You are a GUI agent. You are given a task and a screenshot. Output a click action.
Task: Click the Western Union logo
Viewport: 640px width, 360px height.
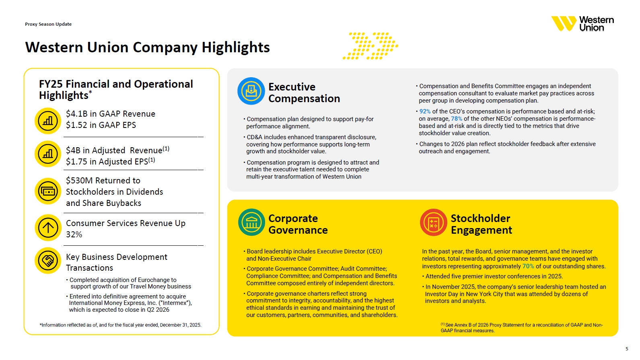point(582,24)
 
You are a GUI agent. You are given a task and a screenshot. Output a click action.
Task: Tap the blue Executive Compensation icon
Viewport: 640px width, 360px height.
point(251,91)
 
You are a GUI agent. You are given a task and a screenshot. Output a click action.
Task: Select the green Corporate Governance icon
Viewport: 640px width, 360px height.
point(251,222)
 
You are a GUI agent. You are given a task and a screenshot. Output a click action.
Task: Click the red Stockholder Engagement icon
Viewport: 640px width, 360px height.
point(433,222)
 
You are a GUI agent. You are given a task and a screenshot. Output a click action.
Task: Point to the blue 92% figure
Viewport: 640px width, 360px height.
point(425,111)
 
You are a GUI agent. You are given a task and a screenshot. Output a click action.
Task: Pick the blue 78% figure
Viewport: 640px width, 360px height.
point(457,119)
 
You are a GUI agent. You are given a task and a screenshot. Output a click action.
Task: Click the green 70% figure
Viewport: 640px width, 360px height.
point(528,266)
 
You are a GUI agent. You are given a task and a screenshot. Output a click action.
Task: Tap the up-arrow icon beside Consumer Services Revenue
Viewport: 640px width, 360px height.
point(48,228)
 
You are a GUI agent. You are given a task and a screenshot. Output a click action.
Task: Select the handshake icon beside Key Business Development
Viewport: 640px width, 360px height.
point(48,261)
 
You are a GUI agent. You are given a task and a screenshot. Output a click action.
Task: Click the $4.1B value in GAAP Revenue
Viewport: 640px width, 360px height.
point(76,114)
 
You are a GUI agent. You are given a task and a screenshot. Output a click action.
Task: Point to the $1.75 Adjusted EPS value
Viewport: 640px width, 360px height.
point(76,162)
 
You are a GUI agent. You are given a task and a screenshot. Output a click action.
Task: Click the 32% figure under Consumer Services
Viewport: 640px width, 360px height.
point(74,235)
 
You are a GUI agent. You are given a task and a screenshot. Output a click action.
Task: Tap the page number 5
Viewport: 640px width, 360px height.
point(627,349)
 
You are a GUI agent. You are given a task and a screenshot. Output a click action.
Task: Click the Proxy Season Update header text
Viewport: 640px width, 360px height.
point(48,24)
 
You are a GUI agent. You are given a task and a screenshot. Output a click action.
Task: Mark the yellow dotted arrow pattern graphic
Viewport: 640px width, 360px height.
point(370,46)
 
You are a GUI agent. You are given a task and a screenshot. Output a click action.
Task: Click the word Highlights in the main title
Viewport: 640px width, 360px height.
point(236,47)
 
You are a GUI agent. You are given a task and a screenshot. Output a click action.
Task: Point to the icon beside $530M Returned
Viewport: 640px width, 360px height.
point(48,191)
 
